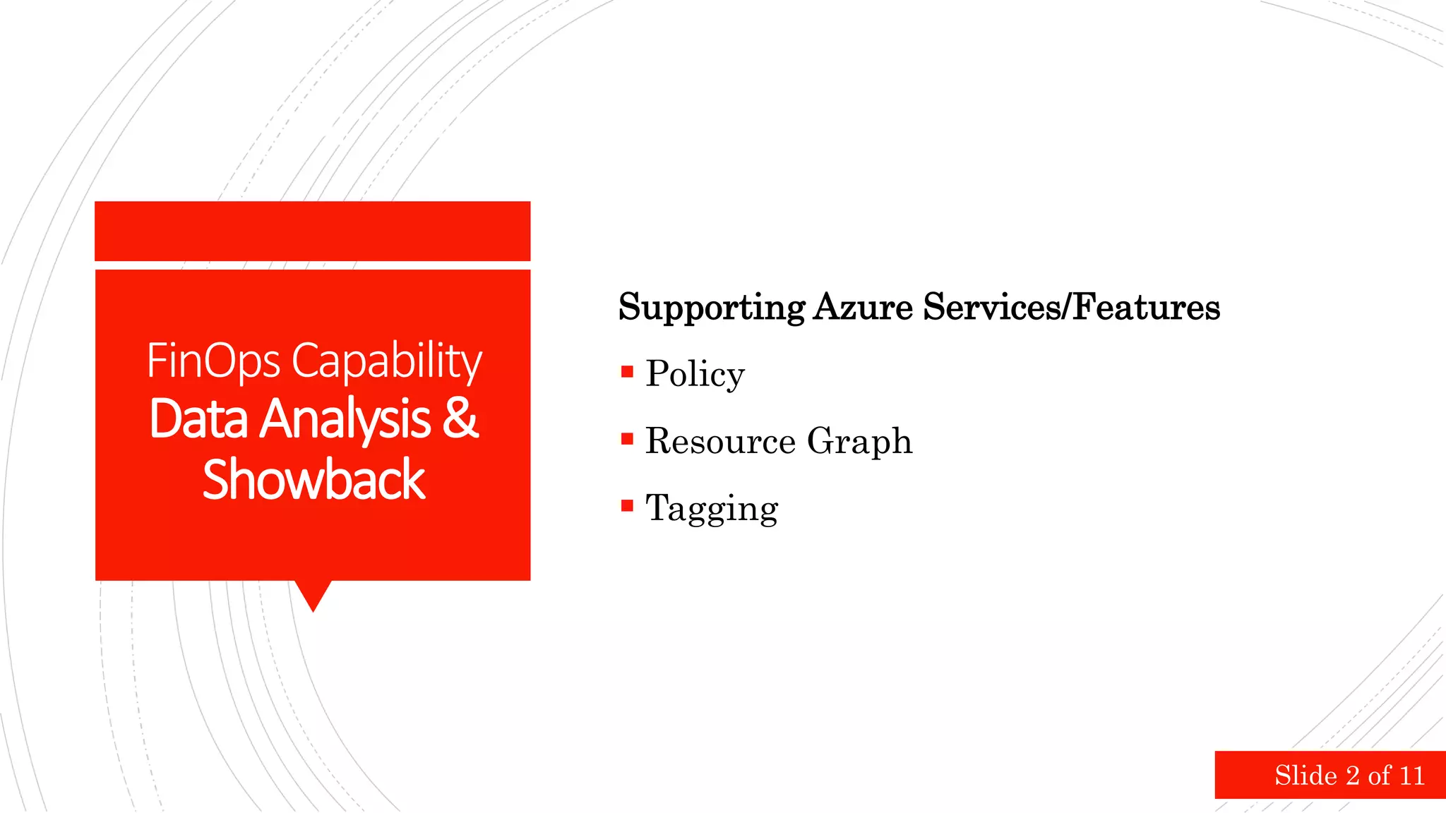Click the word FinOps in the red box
pos(213,361)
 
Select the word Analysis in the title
pos(345,420)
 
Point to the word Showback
pos(313,480)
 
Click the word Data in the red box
pos(198,420)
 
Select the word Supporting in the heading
pos(711,308)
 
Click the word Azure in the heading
pos(863,307)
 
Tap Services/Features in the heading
pos(1071,307)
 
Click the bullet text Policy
pos(695,374)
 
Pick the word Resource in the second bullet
pos(720,441)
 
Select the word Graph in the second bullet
pos(859,442)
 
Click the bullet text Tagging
pos(712,509)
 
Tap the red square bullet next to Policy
pos(627,372)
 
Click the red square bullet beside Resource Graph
pos(627,439)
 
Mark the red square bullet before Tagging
pos(627,505)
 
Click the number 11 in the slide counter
pos(1411,776)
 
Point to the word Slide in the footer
pos(1305,776)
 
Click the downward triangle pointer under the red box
pos(313,595)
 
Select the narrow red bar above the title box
pos(313,231)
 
